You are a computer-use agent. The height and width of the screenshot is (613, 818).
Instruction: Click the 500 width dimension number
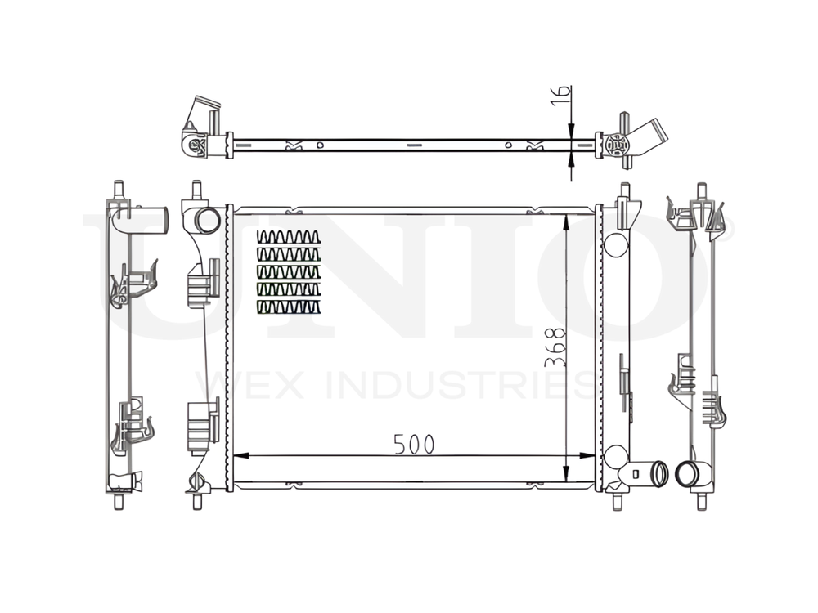(x=413, y=444)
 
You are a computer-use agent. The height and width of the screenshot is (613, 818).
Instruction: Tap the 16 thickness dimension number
(x=557, y=96)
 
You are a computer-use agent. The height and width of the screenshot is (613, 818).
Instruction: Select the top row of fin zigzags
(x=288, y=237)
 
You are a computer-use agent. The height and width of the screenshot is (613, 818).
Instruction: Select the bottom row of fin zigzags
(x=288, y=307)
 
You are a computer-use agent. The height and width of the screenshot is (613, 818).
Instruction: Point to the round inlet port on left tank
(x=208, y=220)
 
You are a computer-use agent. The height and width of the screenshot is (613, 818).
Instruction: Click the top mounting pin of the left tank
(x=196, y=191)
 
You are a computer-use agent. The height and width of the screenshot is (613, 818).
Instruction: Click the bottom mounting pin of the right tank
(x=623, y=497)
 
